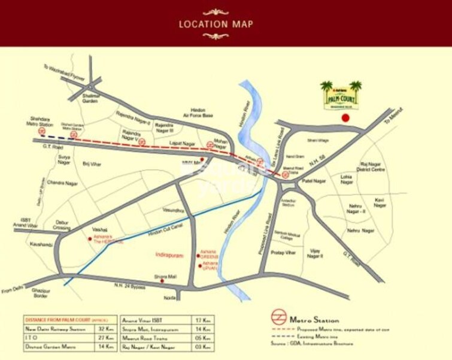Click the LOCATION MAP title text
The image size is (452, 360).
pos(216,25)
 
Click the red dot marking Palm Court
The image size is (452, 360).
pos(345,119)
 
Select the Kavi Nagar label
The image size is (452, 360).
pos(378,202)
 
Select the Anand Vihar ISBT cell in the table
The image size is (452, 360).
pos(141,320)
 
